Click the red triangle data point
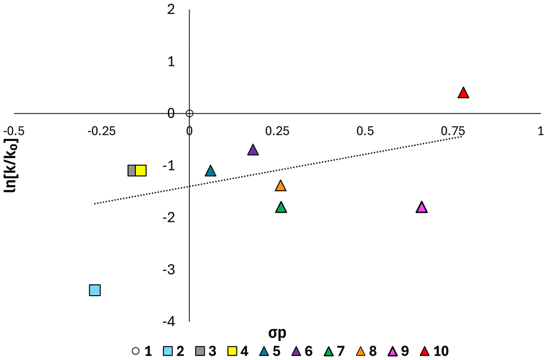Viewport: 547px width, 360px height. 464,93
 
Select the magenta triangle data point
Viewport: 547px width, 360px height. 422,208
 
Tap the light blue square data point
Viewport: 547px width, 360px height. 95,290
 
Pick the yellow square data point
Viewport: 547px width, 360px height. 140,170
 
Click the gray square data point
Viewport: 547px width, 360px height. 133,170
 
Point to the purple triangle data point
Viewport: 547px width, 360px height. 253,150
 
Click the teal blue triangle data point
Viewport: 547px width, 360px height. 210,171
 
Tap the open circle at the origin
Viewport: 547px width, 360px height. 189,113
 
